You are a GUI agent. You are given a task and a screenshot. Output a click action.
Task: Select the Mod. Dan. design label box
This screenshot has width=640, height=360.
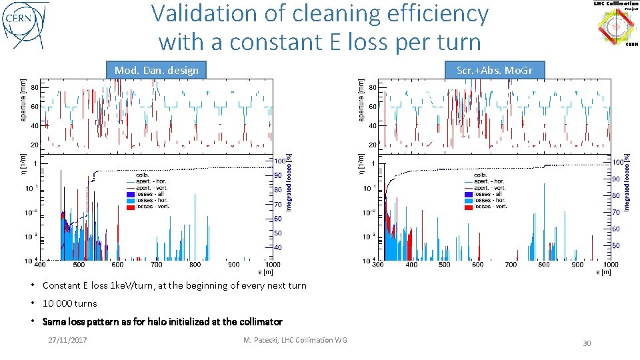tap(157, 70)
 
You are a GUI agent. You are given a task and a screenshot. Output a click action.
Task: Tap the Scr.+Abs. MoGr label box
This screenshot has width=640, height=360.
tap(494, 70)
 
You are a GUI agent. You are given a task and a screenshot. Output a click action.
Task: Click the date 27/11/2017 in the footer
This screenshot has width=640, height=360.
tap(71, 340)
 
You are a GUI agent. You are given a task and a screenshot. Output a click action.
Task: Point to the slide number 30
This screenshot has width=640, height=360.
tap(587, 343)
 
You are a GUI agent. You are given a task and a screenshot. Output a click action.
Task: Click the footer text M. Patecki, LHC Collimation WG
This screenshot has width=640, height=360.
tap(295, 340)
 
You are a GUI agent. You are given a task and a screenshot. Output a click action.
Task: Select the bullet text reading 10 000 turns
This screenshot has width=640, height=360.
tap(69, 303)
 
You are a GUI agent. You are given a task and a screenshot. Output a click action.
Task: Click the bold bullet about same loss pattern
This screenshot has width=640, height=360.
tap(162, 321)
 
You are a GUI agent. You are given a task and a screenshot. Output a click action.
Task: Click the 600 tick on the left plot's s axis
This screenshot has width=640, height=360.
tap(117, 265)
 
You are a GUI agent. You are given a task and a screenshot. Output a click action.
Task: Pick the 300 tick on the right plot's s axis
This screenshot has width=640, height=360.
tap(378, 265)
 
